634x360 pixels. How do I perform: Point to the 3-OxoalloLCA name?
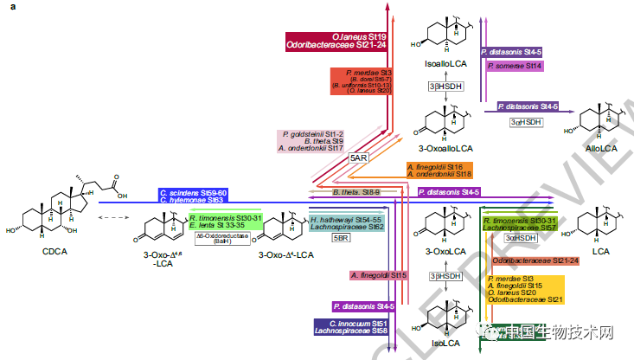click(x=447, y=149)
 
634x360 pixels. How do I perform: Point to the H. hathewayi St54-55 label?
click(x=346, y=220)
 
